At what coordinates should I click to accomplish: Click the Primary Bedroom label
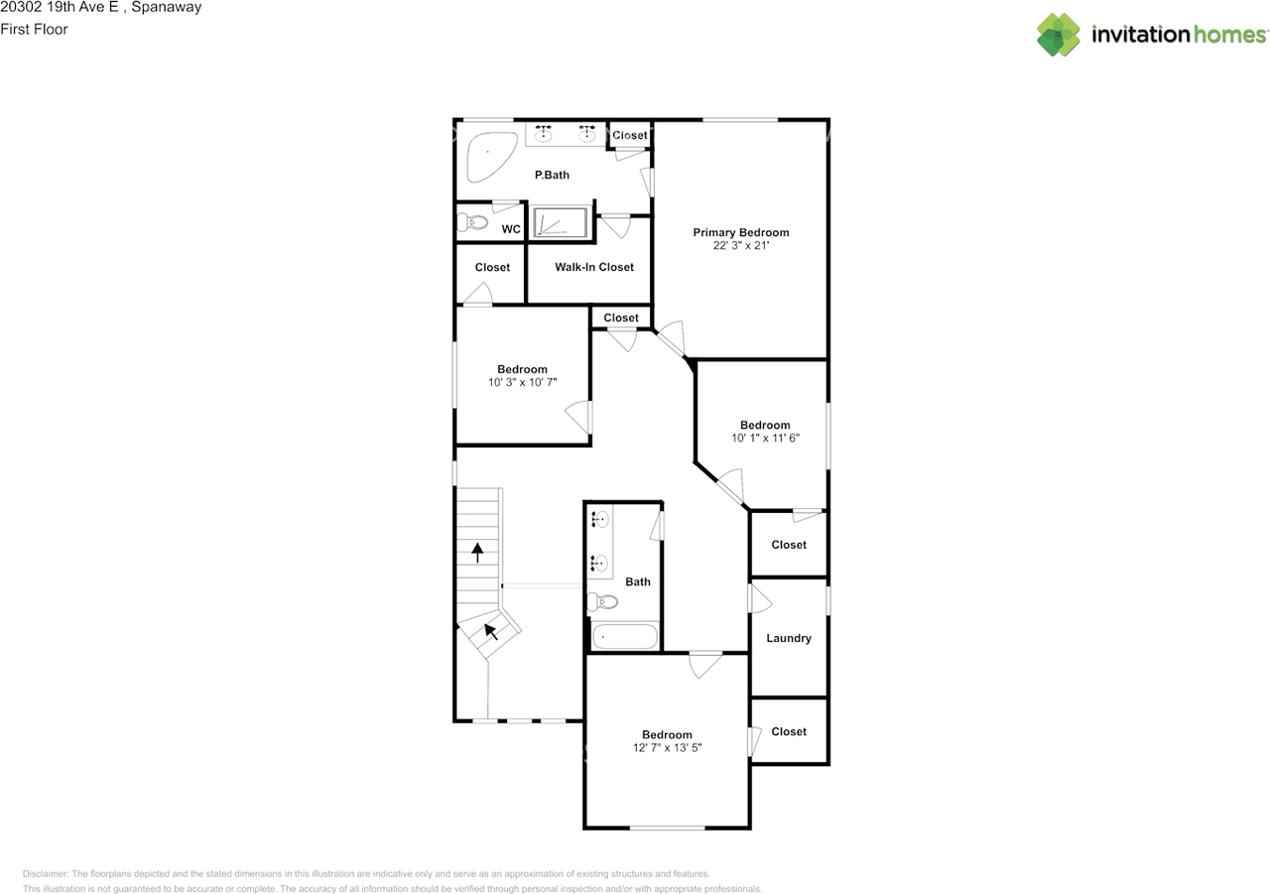tap(740, 232)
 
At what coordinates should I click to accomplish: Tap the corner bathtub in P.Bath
tap(490, 157)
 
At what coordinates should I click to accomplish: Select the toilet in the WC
tap(473, 222)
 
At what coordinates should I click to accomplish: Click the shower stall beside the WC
tap(561, 222)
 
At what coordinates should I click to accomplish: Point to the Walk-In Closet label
tap(594, 267)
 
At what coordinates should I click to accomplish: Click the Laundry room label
tap(789, 638)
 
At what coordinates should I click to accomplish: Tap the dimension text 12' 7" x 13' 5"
tap(668, 748)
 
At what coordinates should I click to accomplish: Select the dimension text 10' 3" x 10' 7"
tap(523, 383)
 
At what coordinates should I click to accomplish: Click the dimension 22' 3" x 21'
tap(741, 245)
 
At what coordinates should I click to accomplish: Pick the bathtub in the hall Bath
tap(625, 637)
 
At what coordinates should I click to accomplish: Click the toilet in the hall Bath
tap(602, 601)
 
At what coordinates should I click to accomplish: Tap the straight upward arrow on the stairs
tap(477, 553)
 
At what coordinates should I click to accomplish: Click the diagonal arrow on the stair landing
tap(491, 631)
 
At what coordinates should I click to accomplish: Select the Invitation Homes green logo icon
tap(1059, 35)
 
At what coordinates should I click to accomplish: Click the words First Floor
tap(34, 29)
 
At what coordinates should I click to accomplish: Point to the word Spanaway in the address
tap(167, 7)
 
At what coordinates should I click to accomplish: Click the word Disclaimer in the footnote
tap(45, 874)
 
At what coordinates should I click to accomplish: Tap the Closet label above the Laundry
tap(789, 545)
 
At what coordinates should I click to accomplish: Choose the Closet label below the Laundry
tap(789, 732)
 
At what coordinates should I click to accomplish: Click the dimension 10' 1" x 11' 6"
tap(765, 439)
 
